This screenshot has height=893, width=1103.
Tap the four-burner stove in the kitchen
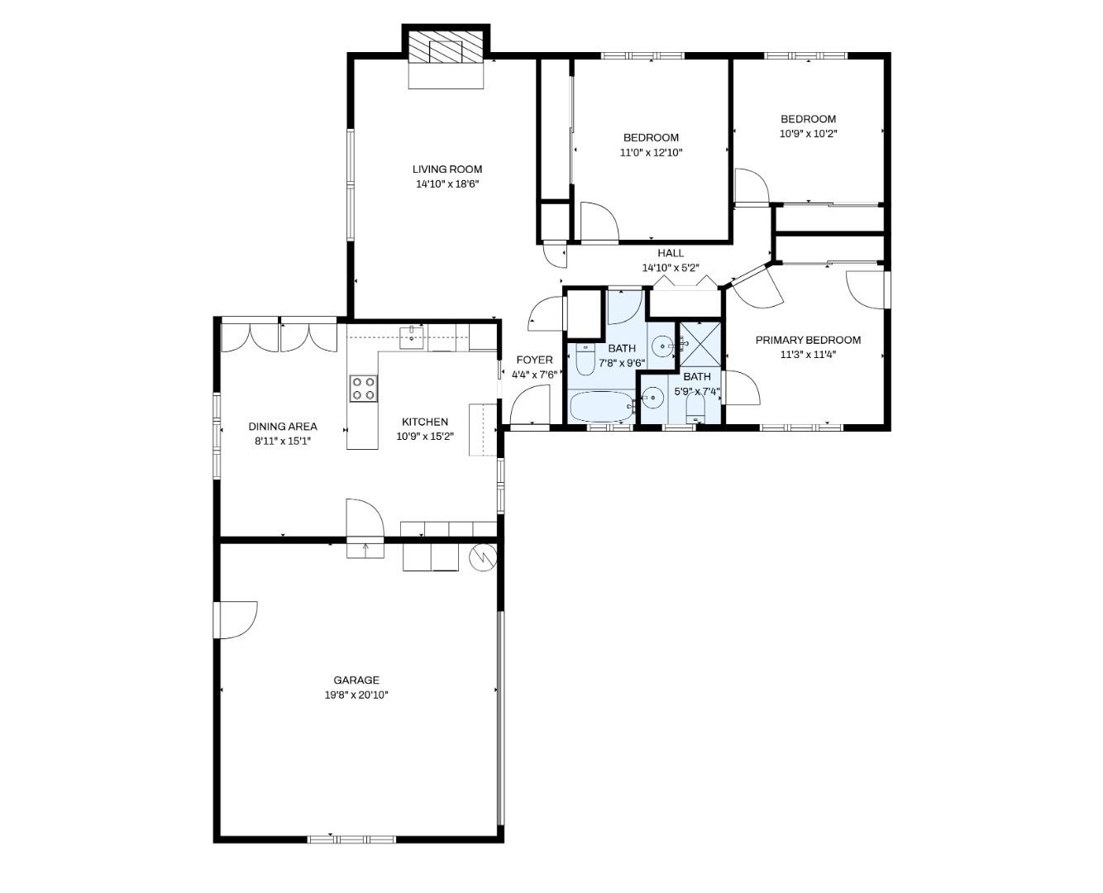[363, 388]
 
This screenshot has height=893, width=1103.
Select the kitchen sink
[411, 335]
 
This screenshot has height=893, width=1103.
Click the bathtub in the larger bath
[601, 407]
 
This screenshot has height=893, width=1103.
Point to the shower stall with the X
[700, 344]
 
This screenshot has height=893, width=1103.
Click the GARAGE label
[356, 680]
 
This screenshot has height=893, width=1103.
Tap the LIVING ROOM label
[447, 170]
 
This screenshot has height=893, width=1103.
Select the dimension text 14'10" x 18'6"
[447, 184]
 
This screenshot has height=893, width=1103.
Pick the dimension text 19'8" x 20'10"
[356, 695]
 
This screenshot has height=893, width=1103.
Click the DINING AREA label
[283, 427]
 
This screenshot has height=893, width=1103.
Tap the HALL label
[671, 253]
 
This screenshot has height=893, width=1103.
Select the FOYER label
[534, 360]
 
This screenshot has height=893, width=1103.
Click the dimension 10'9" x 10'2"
[808, 133]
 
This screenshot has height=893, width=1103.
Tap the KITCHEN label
[425, 422]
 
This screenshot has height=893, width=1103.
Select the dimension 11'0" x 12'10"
[651, 152]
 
